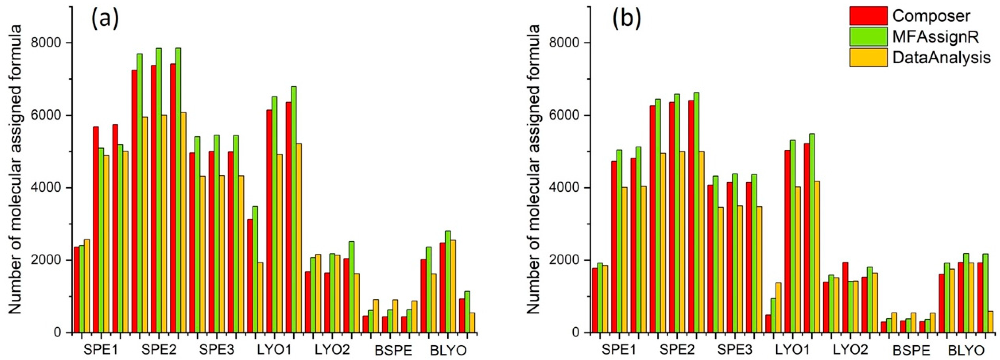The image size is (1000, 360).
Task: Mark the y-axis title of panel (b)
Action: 534,169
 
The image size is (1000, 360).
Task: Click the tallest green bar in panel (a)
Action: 178,190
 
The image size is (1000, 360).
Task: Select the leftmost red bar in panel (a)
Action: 77,289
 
